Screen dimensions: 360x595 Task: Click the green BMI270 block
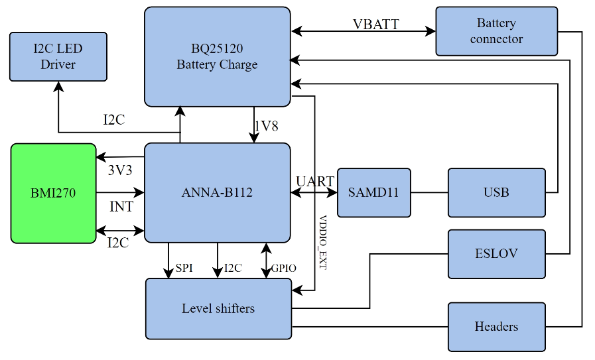[x=53, y=193]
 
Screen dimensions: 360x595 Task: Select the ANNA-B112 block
[x=217, y=193]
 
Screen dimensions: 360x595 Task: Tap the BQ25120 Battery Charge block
[x=217, y=56]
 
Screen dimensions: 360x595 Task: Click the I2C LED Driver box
[x=58, y=56]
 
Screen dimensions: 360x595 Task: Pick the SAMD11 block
[x=373, y=193]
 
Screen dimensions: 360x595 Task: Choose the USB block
[x=496, y=193]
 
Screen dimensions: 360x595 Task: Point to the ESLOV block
[x=496, y=254]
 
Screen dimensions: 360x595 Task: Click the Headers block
[x=496, y=327]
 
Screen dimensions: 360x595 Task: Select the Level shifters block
[x=218, y=308]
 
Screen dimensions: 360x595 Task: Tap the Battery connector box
[x=496, y=31]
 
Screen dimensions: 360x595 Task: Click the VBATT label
[x=375, y=24]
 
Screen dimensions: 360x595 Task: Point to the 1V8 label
[x=266, y=126]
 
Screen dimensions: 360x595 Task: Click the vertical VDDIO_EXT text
[x=323, y=241]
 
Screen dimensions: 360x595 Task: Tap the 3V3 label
[x=120, y=170]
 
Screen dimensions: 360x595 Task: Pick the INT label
[x=121, y=207]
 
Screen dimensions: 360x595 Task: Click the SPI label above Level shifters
[x=184, y=268]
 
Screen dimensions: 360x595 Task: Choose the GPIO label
[x=284, y=268]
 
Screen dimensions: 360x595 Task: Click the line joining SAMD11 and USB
[x=429, y=193]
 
